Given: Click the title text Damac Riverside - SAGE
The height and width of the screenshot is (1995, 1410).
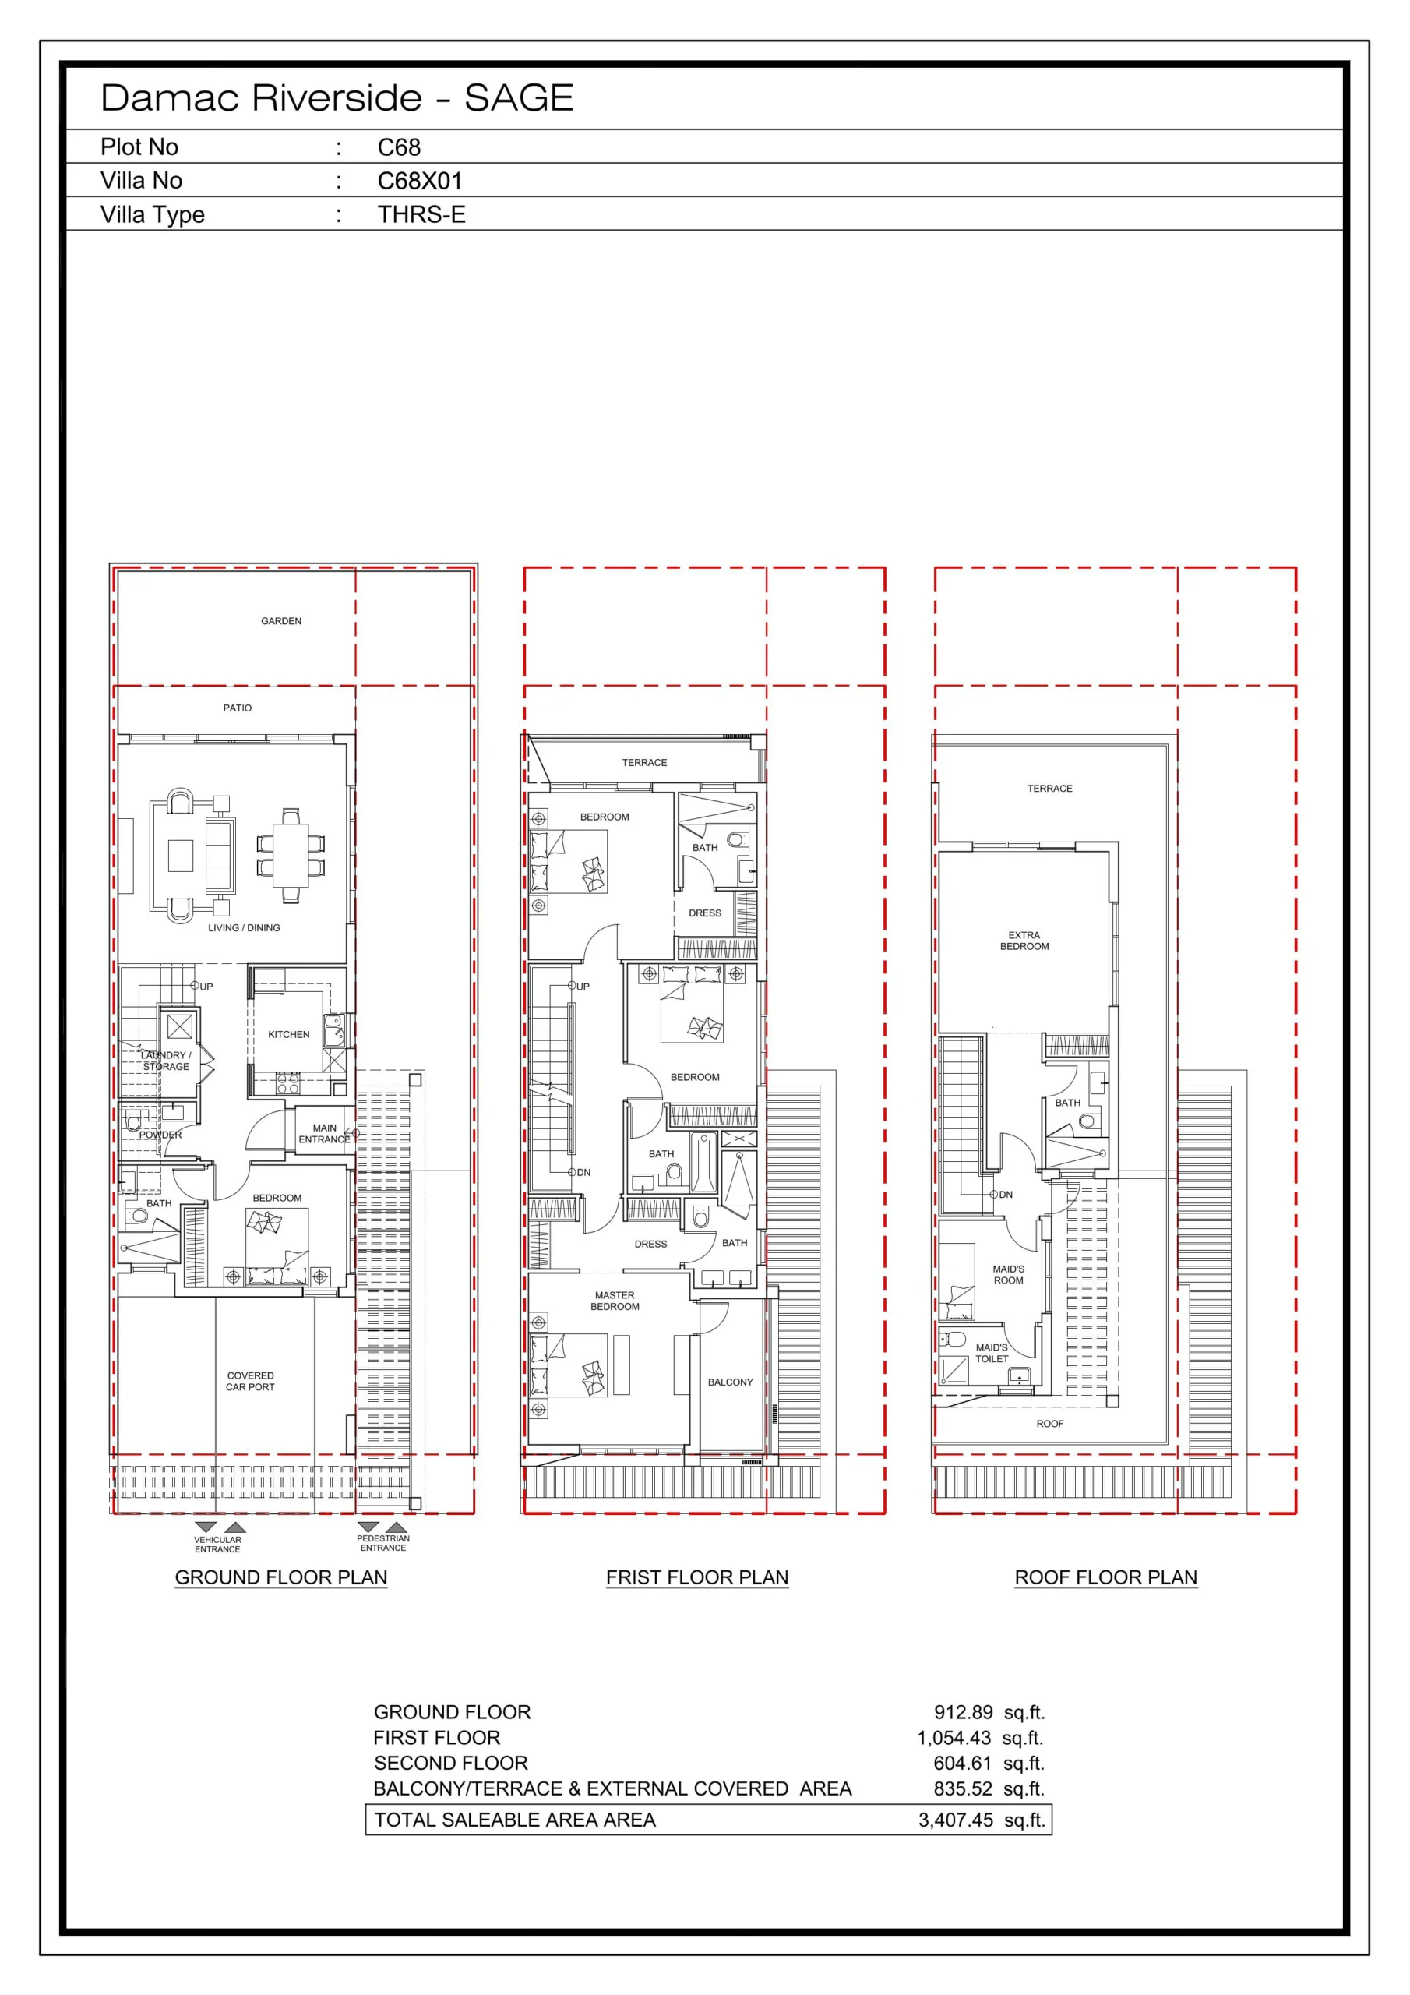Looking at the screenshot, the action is pyautogui.click(x=337, y=98).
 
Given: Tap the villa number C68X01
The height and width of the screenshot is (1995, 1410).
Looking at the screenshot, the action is pyautogui.click(x=420, y=181).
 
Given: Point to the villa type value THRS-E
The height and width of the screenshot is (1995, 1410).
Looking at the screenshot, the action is pyautogui.click(x=421, y=214).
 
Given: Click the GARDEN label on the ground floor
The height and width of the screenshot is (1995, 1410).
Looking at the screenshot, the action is pyautogui.click(x=281, y=621).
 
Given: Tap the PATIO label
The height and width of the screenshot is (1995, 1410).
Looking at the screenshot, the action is pyautogui.click(x=237, y=708).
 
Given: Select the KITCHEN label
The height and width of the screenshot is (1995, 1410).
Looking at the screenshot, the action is pyautogui.click(x=288, y=1035).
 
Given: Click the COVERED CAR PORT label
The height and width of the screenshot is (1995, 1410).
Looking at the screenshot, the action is pyautogui.click(x=250, y=1382).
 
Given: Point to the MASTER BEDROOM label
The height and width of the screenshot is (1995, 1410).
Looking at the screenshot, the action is pyautogui.click(x=615, y=1301).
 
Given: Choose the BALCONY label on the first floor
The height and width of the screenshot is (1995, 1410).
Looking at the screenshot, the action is pyautogui.click(x=731, y=1382).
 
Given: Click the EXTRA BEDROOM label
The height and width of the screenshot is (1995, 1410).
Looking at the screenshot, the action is pyautogui.click(x=1024, y=941).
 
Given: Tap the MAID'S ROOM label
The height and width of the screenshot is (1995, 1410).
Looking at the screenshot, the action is pyautogui.click(x=1009, y=1275).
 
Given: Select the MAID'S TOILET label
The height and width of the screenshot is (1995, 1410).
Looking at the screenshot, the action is pyautogui.click(x=992, y=1353).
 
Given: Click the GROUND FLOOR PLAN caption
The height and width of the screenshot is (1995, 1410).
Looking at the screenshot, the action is pyautogui.click(x=281, y=1577).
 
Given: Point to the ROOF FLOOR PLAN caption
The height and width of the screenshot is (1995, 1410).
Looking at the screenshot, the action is pyautogui.click(x=1106, y=1577).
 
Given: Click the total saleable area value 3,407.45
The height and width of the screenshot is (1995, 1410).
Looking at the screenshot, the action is pyautogui.click(x=956, y=1820).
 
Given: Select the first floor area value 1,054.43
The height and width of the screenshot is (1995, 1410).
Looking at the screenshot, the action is pyautogui.click(x=954, y=1738).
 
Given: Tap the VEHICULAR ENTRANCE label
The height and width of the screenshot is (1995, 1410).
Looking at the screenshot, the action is pyautogui.click(x=217, y=1544).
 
